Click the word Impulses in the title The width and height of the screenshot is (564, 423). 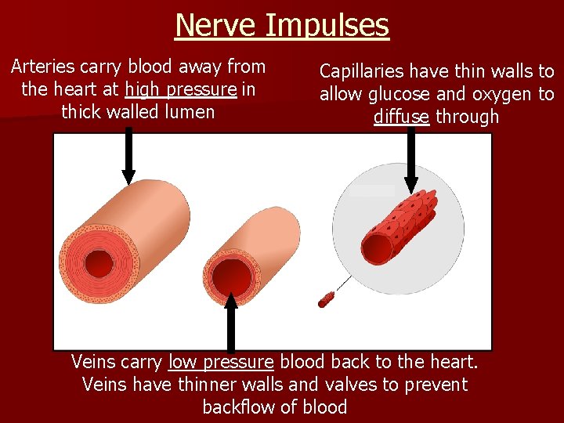[327, 25]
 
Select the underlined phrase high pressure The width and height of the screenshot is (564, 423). [181, 89]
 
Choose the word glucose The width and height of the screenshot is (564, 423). [399, 95]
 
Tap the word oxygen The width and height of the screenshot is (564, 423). [493, 95]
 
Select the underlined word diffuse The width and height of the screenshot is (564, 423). [401, 117]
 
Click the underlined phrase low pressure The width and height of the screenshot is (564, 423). [221, 363]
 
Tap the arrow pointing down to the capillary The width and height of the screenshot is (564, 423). [411, 161]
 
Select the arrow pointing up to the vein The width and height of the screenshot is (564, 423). [230, 321]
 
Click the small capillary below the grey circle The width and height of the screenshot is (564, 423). [325, 298]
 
